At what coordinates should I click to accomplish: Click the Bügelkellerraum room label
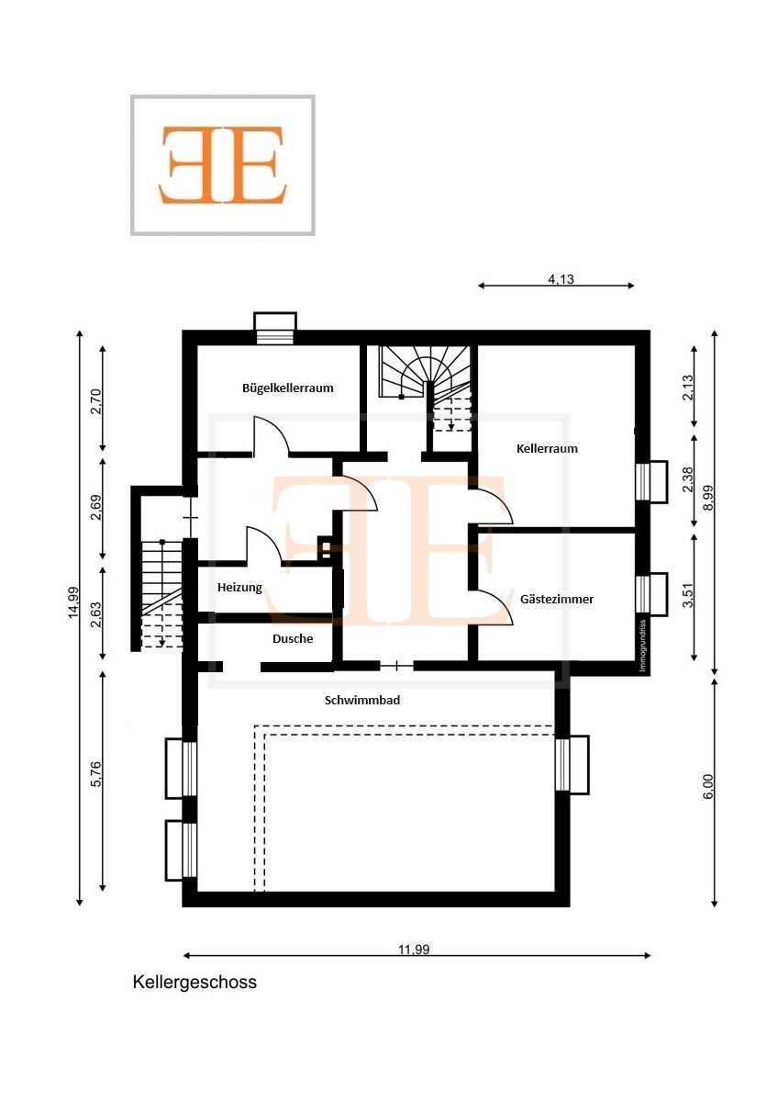(x=287, y=388)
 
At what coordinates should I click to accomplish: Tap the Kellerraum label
(x=547, y=449)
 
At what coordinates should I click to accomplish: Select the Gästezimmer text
(x=556, y=599)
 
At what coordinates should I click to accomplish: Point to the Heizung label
(x=239, y=588)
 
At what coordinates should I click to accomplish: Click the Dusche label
(x=293, y=638)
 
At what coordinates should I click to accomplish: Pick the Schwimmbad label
(x=362, y=700)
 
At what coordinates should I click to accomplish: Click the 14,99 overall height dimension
(x=73, y=602)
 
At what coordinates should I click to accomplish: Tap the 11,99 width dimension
(x=414, y=949)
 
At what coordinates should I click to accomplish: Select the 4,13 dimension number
(x=561, y=279)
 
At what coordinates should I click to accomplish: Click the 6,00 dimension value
(x=707, y=787)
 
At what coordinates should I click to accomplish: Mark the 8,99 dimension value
(x=707, y=499)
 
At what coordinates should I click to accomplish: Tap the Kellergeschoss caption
(x=194, y=982)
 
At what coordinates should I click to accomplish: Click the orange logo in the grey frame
(x=223, y=164)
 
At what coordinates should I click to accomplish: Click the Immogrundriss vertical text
(x=642, y=646)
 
